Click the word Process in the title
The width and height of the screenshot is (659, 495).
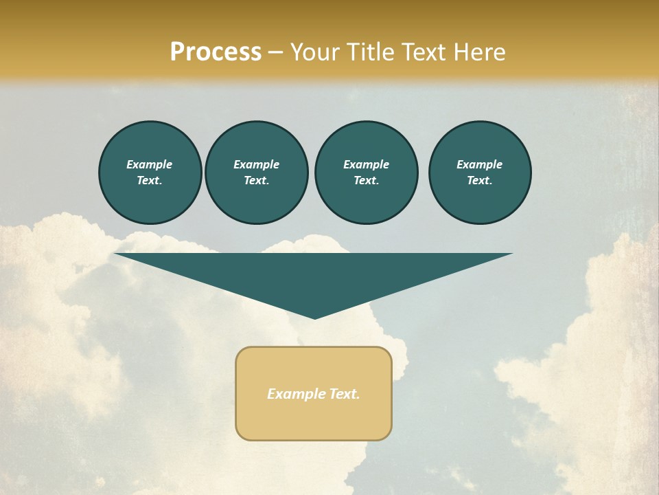pyautogui.click(x=216, y=52)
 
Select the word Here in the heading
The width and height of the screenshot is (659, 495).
pyautogui.click(x=479, y=52)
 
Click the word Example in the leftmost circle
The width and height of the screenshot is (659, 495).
pyautogui.click(x=150, y=164)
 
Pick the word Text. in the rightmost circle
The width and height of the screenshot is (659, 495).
pyautogui.click(x=480, y=181)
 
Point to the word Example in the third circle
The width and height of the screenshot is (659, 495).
pyautogui.click(x=366, y=164)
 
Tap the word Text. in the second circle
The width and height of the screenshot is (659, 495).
pyautogui.click(x=256, y=181)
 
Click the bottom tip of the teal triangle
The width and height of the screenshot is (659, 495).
pyautogui.click(x=314, y=317)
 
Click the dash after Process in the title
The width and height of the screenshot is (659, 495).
pyautogui.click(x=275, y=52)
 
